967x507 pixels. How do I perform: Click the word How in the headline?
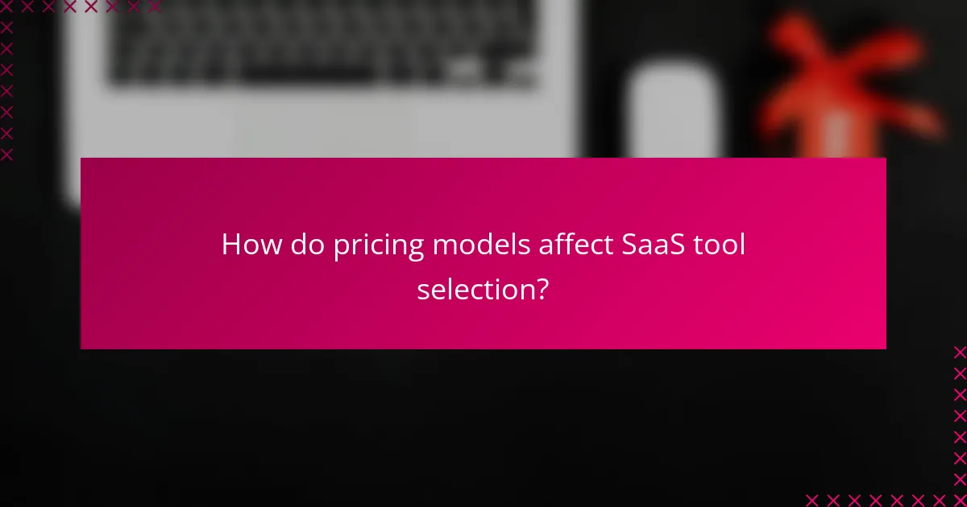pos(246,245)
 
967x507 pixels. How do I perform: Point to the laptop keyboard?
pos(322,40)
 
